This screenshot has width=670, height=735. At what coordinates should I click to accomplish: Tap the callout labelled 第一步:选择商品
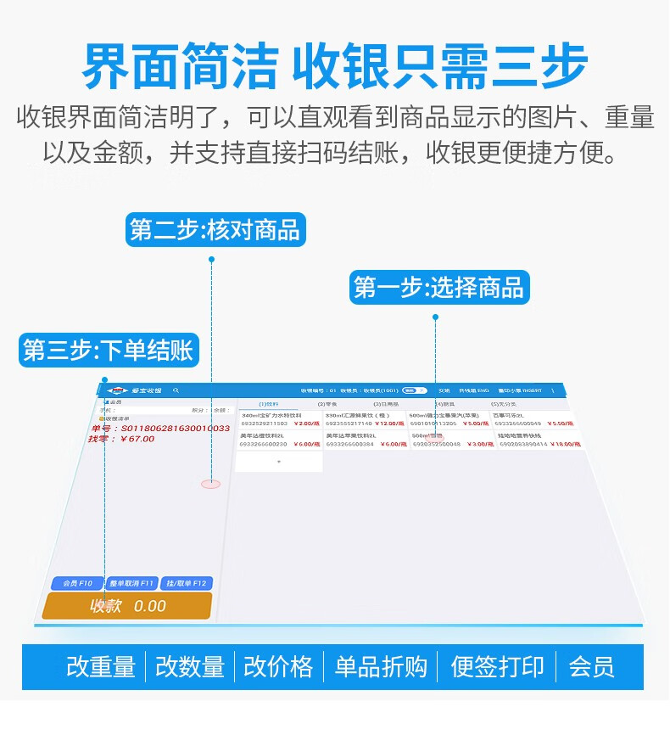438,288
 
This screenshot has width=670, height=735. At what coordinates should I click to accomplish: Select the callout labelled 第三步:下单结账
108,350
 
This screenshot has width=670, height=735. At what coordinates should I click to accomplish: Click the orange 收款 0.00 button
127,606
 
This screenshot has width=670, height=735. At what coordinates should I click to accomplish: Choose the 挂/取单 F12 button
187,583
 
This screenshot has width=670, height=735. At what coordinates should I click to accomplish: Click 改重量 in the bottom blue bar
101,667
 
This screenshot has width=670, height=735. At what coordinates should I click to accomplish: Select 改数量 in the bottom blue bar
190,667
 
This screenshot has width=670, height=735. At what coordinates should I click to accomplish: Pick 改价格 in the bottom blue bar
278,667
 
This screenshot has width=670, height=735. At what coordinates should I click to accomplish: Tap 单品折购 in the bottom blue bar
381,667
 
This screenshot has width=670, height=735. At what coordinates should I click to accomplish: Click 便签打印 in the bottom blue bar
497,667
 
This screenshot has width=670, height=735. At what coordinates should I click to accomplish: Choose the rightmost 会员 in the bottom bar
591,667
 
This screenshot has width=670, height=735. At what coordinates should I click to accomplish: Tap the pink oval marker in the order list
210,484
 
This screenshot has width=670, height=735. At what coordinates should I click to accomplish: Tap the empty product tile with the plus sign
278,462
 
